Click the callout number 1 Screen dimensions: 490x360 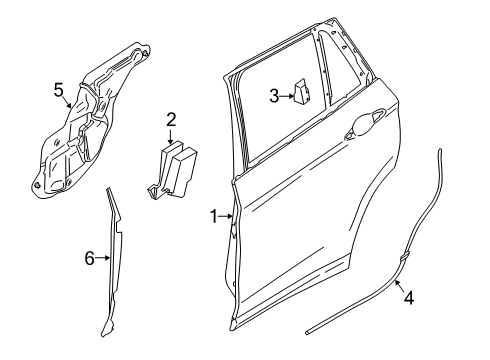(x=213, y=217)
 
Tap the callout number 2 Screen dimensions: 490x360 (x=171, y=120)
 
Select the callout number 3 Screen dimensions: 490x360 (x=274, y=96)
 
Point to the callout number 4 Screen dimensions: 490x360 (x=409, y=298)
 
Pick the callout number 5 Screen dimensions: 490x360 (x=58, y=90)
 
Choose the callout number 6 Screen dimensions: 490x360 (x=90, y=258)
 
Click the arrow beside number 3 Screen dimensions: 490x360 (x=287, y=96)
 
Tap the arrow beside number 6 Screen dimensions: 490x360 (x=103, y=258)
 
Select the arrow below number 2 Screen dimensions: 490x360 (x=171, y=137)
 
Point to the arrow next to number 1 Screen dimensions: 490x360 (x=226, y=217)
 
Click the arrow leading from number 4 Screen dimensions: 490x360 (x=400, y=286)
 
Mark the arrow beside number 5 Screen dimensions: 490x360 (x=68, y=101)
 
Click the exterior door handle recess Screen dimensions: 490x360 (x=364, y=124)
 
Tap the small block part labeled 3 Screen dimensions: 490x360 (x=301, y=91)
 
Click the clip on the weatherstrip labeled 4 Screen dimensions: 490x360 (x=404, y=257)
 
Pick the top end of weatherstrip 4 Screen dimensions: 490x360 (x=440, y=151)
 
